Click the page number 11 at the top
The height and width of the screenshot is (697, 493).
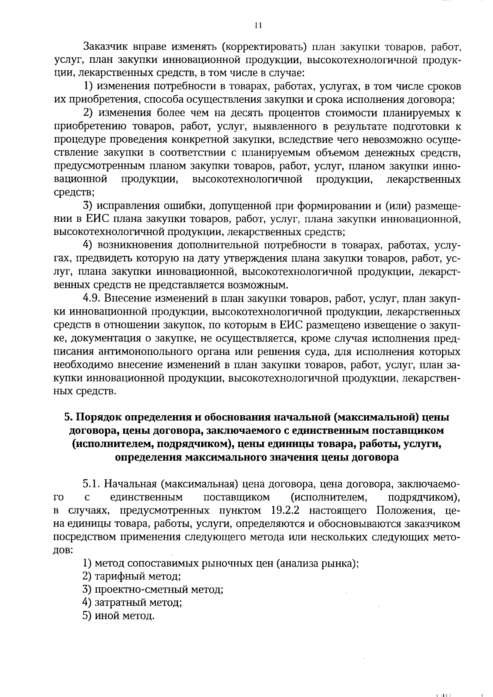click(x=258, y=25)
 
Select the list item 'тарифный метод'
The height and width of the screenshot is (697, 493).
click(x=132, y=577)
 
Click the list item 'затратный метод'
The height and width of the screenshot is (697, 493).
click(x=132, y=603)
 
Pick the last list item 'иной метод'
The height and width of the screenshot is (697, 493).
click(x=119, y=616)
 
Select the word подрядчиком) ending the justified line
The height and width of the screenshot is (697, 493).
click(x=424, y=497)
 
